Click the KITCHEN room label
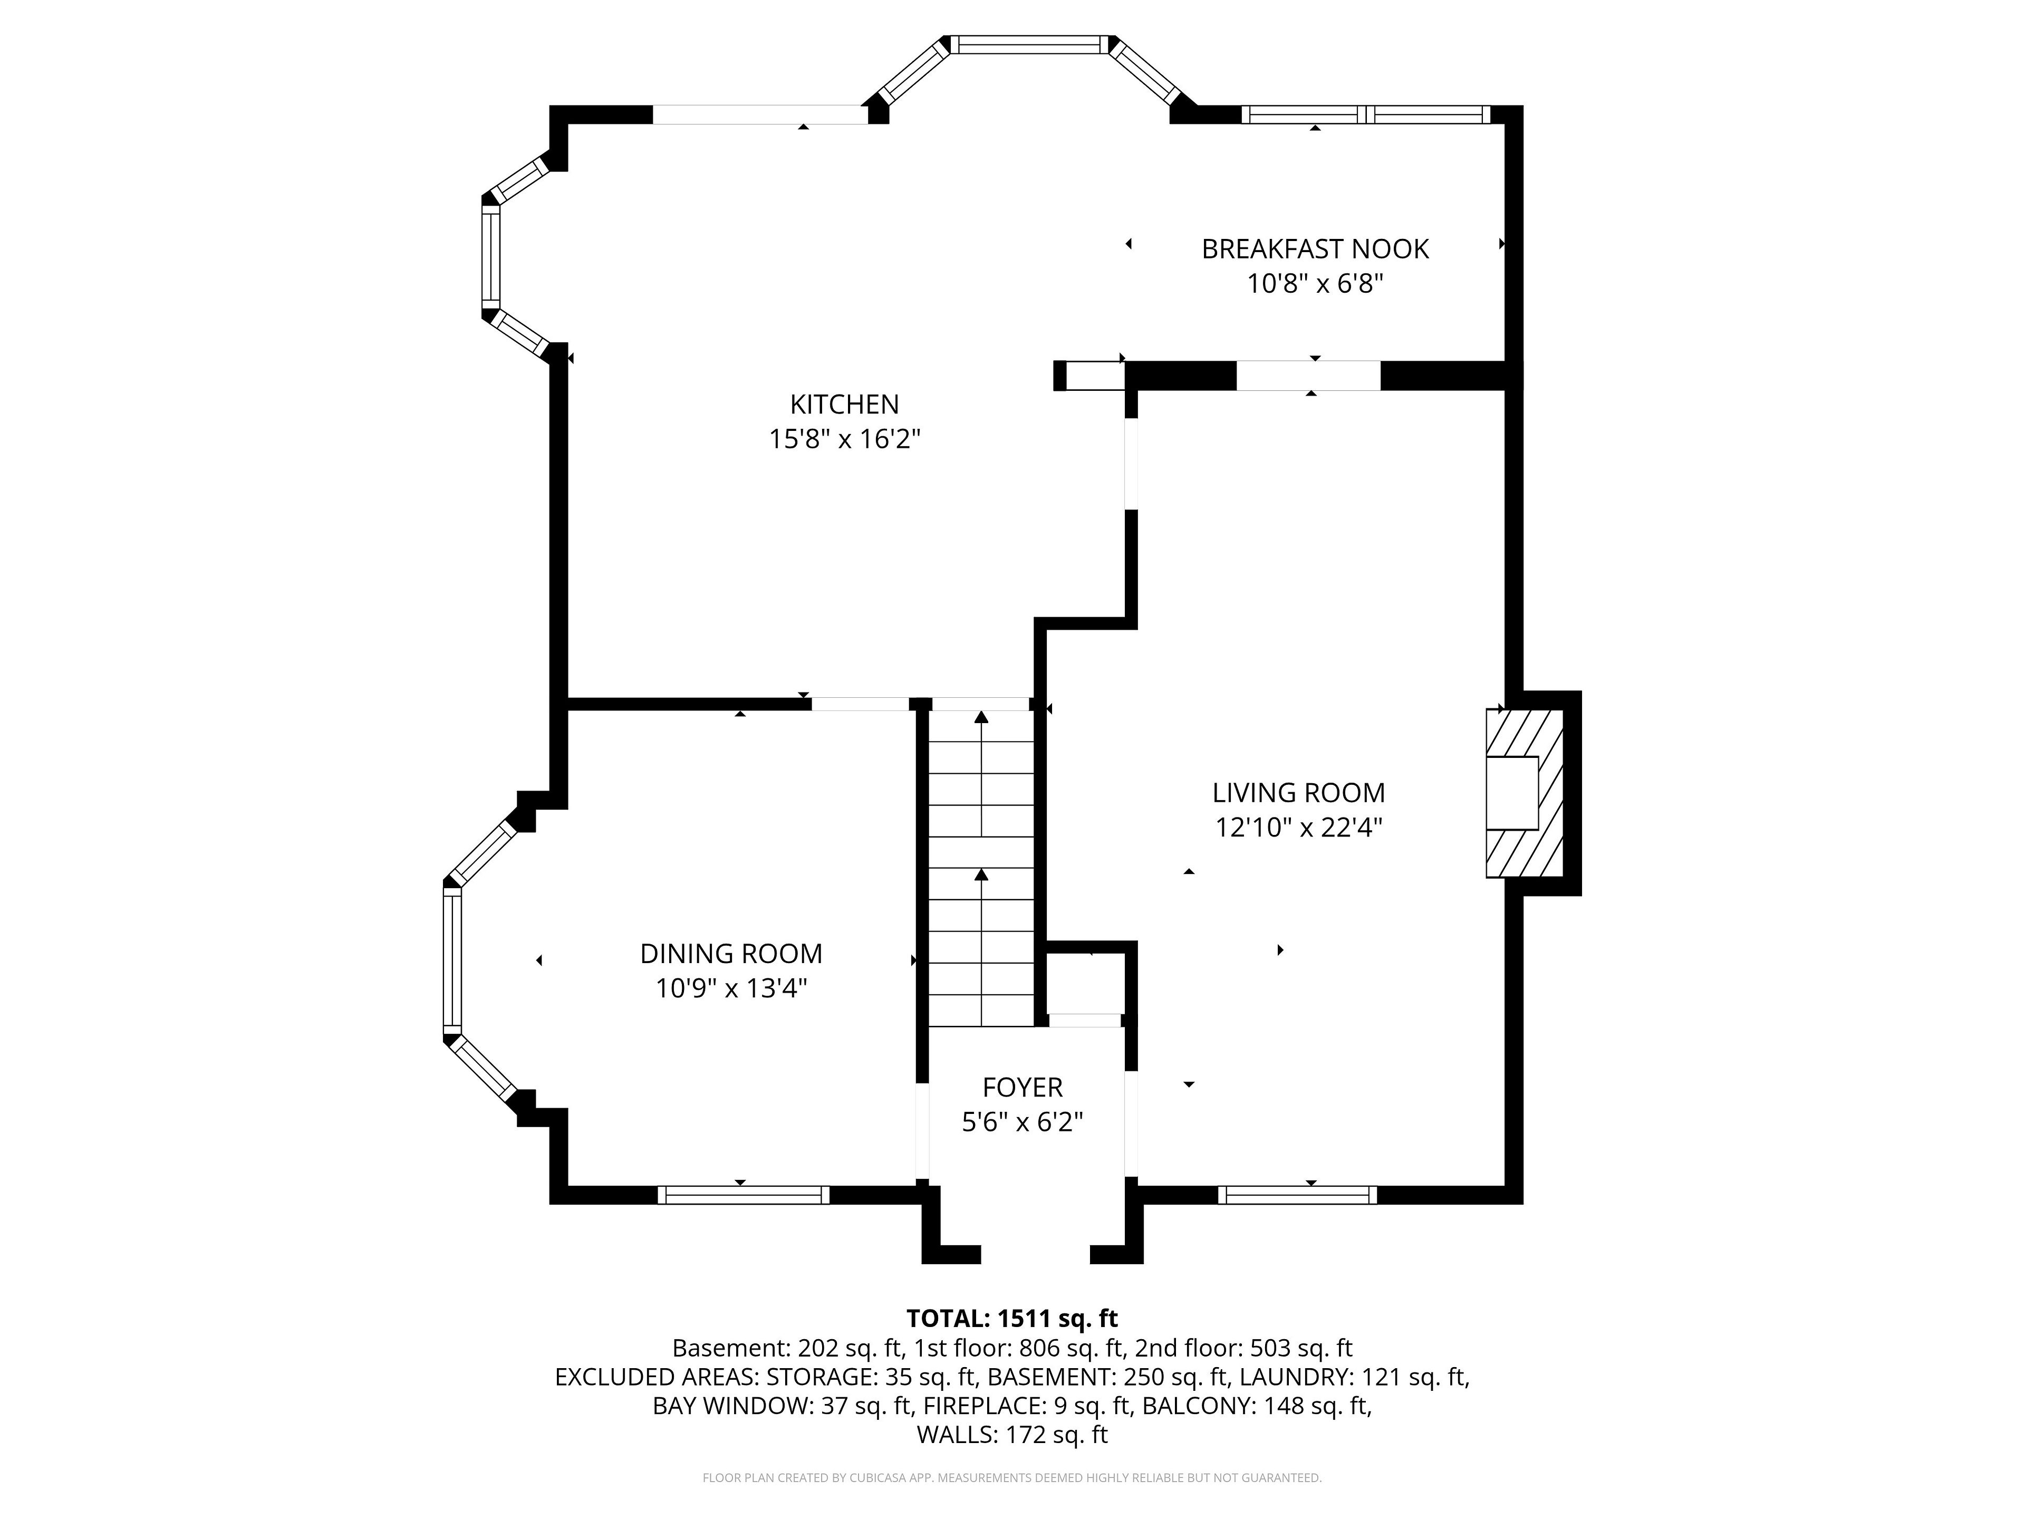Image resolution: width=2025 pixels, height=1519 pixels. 844,404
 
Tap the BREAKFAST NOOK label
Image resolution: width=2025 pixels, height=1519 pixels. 1315,249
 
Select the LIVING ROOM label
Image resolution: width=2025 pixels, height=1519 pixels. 1298,792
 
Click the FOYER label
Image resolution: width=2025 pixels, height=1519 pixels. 1021,1087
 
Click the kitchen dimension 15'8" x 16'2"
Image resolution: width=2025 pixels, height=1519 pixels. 844,439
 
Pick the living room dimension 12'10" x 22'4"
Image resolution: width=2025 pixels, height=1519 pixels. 1298,828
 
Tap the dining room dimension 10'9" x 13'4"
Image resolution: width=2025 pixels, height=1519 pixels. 730,989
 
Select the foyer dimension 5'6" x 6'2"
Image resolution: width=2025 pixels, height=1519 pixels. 1021,1122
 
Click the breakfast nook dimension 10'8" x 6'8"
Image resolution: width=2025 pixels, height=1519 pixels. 1315,284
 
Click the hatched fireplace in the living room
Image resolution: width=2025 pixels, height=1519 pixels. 1524,793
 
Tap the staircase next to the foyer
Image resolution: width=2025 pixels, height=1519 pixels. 981,862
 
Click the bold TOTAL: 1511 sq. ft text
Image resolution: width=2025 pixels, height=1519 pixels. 1011,1319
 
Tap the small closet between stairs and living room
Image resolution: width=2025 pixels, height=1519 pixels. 1085,983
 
